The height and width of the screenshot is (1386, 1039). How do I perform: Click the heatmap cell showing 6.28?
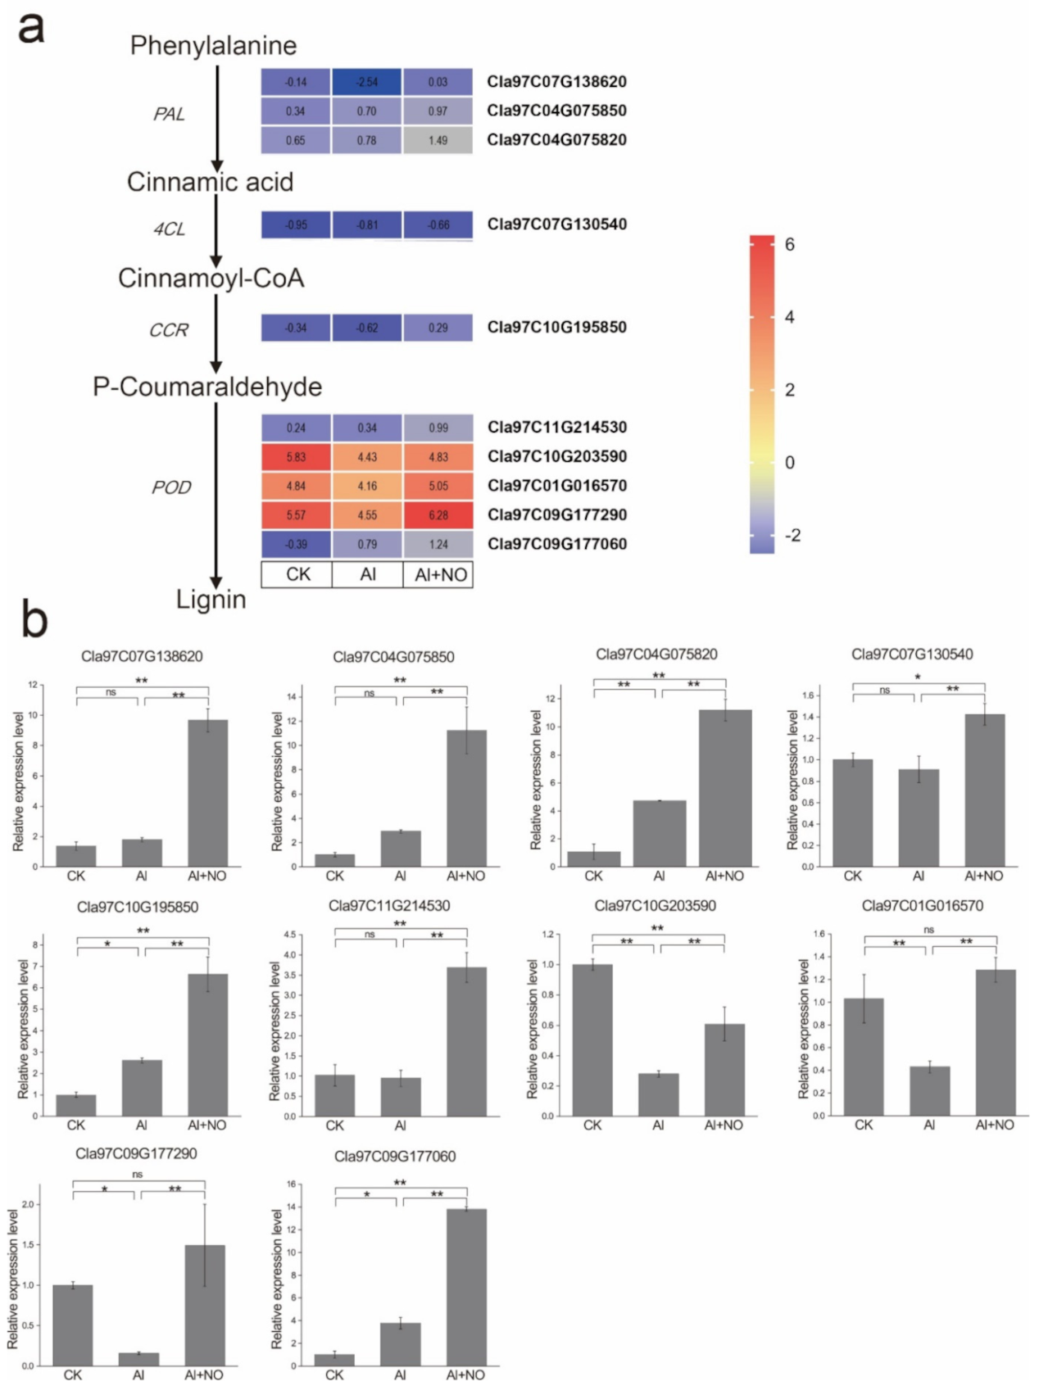click(438, 515)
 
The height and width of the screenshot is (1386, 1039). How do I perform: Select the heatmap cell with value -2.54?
click(366, 82)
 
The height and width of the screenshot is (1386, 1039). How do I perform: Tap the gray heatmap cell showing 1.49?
click(438, 140)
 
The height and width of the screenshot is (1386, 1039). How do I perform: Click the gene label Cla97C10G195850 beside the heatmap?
click(556, 327)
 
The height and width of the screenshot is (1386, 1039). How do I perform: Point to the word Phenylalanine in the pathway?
click(213, 45)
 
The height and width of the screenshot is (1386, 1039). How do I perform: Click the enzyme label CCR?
click(169, 330)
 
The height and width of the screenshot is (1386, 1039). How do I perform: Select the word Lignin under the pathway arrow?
click(211, 599)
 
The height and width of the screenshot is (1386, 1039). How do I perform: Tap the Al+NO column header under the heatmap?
click(440, 574)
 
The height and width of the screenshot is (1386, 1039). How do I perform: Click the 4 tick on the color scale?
click(789, 317)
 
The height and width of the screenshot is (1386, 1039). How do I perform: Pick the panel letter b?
click(34, 620)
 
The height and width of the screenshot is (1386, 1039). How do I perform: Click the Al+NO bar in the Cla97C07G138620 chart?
click(207, 793)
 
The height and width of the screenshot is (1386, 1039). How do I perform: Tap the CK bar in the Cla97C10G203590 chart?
click(592, 1039)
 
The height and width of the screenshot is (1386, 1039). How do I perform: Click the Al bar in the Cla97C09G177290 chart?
click(138, 1359)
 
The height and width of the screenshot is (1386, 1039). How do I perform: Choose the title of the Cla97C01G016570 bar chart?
click(922, 905)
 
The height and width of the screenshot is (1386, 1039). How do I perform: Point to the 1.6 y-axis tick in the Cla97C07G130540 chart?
click(808, 695)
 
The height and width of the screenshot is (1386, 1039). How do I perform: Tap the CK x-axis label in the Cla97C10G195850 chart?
click(75, 1126)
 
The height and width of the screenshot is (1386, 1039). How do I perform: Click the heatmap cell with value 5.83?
click(296, 457)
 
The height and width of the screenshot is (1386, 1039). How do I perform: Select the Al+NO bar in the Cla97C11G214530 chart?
click(466, 1041)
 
